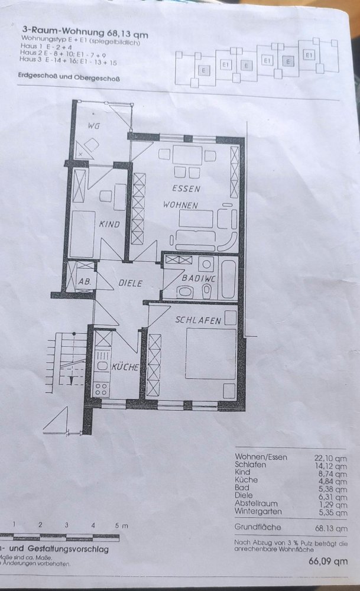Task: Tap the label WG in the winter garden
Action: coord(93,126)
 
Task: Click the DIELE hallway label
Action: coord(130,283)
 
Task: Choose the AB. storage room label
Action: coord(85,282)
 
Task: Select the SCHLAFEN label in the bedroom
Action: coord(197,320)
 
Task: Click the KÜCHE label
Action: coord(125,367)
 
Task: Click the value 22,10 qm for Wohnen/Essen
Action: coord(330,457)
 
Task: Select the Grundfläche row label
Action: coord(257,527)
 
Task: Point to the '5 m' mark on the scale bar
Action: coord(121,525)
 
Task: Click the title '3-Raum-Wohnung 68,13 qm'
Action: coord(85,35)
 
